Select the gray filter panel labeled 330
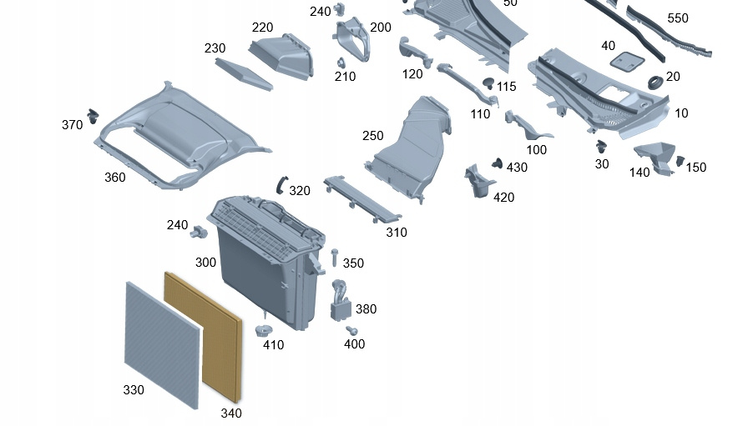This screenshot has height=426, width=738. tap(162, 343)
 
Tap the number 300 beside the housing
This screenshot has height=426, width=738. tap(205, 263)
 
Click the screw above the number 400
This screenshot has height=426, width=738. tap(352, 331)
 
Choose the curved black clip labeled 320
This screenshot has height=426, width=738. tap(279, 184)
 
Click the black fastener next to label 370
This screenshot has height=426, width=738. tap(93, 113)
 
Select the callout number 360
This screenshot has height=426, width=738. tap(114, 178)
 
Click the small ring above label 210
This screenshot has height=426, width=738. tap(341, 63)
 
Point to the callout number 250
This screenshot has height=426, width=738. tap(373, 136)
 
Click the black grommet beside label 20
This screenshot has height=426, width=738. tap(654, 83)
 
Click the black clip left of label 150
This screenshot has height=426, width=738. tap(679, 160)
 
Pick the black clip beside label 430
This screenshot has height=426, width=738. tap(498, 163)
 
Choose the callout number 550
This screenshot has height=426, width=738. tap(678, 18)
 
